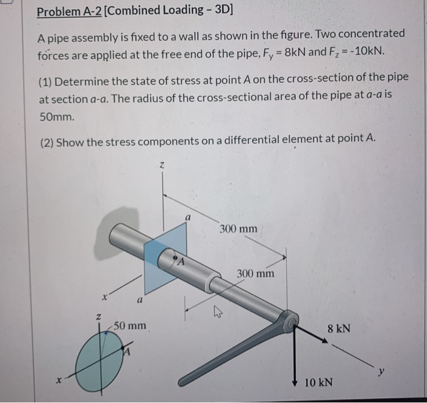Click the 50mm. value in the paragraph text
(x=57, y=115)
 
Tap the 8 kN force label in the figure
(x=339, y=329)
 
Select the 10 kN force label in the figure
(x=318, y=382)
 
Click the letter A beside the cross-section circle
(x=127, y=352)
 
